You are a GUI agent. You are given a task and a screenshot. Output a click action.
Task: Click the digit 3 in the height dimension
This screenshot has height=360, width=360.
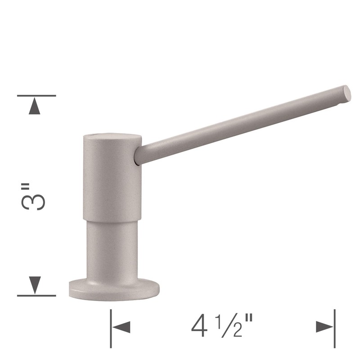[33, 202]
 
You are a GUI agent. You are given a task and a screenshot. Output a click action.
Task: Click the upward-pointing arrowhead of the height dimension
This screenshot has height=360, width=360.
[35, 106]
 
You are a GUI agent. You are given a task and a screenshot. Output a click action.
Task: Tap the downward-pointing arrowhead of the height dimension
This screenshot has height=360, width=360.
[35, 285]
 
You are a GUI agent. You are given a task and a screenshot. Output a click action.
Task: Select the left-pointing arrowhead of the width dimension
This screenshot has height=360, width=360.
[121, 327]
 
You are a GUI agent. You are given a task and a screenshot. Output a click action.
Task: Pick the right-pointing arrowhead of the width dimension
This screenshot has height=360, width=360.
[324, 327]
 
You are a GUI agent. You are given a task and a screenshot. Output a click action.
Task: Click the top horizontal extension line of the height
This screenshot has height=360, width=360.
[36, 95]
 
